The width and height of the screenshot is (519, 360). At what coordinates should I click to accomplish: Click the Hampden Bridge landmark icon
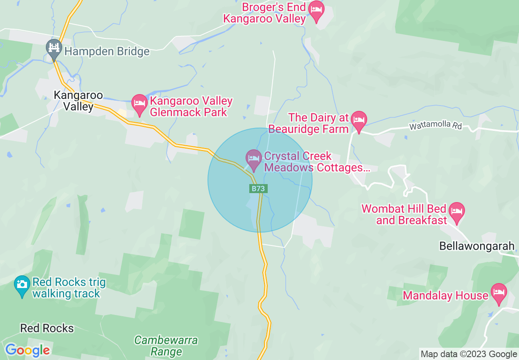[x=54, y=48]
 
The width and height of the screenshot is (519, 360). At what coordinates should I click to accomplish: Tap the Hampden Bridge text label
[x=107, y=52]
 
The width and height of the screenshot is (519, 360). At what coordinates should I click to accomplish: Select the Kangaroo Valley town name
[x=79, y=101]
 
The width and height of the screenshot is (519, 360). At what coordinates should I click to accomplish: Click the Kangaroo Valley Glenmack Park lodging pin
[x=140, y=104]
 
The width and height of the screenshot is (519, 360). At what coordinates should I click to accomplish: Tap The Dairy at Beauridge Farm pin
[x=359, y=120]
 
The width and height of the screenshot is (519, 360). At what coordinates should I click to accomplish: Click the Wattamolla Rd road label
[x=436, y=126]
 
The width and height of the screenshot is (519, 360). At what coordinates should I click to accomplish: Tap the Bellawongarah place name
[x=477, y=246]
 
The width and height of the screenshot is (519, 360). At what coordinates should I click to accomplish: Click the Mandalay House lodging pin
[x=499, y=293]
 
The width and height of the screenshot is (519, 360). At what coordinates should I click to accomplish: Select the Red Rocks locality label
[x=47, y=328]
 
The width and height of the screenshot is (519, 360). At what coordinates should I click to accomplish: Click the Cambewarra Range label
[x=166, y=346]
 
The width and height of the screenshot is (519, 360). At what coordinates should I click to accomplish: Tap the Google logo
[x=27, y=350]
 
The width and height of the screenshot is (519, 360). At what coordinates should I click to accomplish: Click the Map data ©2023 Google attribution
[x=469, y=354]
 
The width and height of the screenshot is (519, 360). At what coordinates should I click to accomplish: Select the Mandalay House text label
[x=446, y=295]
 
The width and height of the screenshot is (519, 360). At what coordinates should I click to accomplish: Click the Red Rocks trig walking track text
[x=69, y=288]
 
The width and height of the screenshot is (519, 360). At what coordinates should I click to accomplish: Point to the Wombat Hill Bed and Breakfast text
[x=404, y=215]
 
